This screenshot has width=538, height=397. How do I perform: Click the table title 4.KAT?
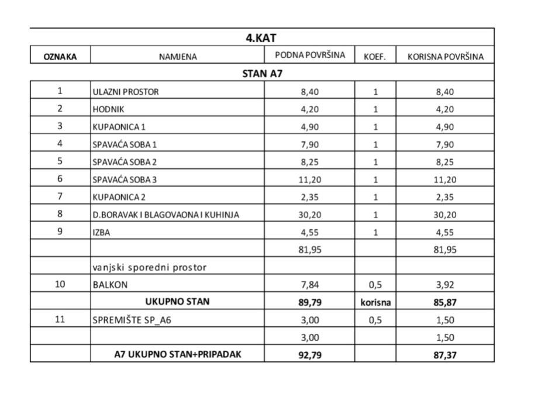tap(261, 38)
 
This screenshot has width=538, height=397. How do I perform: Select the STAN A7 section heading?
tap(263, 73)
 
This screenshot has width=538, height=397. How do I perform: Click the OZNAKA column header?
tap(60, 57)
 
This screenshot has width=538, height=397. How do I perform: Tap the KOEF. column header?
tap(375, 57)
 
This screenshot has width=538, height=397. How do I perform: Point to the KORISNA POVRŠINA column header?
tap(444, 57)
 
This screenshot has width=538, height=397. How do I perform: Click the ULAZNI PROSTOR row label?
tap(126, 92)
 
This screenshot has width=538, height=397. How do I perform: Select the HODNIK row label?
tap(109, 109)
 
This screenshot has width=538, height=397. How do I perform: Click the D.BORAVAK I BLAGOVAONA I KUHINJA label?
tap(165, 215)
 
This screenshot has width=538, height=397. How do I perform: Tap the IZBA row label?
tap(101, 232)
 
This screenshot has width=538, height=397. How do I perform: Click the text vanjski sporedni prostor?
tap(150, 267)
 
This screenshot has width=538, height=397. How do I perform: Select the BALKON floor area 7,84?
tap(309, 285)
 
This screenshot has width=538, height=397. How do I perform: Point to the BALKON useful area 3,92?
tap(444, 285)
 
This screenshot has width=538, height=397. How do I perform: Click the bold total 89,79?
tap(309, 302)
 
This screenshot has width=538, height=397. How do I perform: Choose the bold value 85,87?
tap(444, 302)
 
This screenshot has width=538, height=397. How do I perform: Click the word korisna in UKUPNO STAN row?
tap(375, 302)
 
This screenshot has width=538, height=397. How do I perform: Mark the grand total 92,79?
tap(309, 354)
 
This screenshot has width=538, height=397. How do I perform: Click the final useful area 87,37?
tap(444, 354)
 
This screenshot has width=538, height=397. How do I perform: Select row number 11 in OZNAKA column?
tap(60, 320)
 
